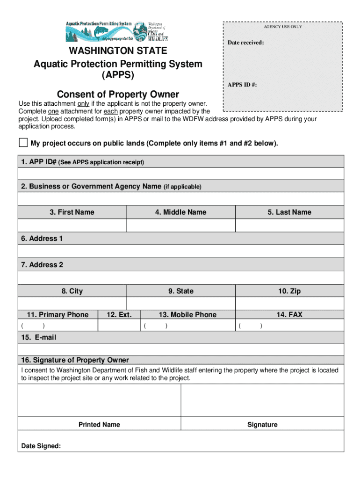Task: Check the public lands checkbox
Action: click(x=23, y=143)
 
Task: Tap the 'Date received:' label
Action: click(x=245, y=43)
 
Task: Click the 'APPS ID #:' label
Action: click(x=242, y=85)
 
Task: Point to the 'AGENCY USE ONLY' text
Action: click(x=282, y=27)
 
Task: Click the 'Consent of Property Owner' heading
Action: click(x=118, y=94)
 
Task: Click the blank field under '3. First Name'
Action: click(x=72, y=225)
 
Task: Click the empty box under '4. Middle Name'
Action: click(x=180, y=225)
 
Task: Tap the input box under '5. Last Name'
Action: click(x=289, y=225)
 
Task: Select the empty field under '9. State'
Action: click(x=180, y=304)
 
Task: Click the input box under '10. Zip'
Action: click(x=289, y=304)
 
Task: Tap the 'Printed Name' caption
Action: click(x=99, y=425)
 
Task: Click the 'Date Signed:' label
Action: click(x=41, y=446)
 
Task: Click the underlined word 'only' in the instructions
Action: click(x=83, y=103)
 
